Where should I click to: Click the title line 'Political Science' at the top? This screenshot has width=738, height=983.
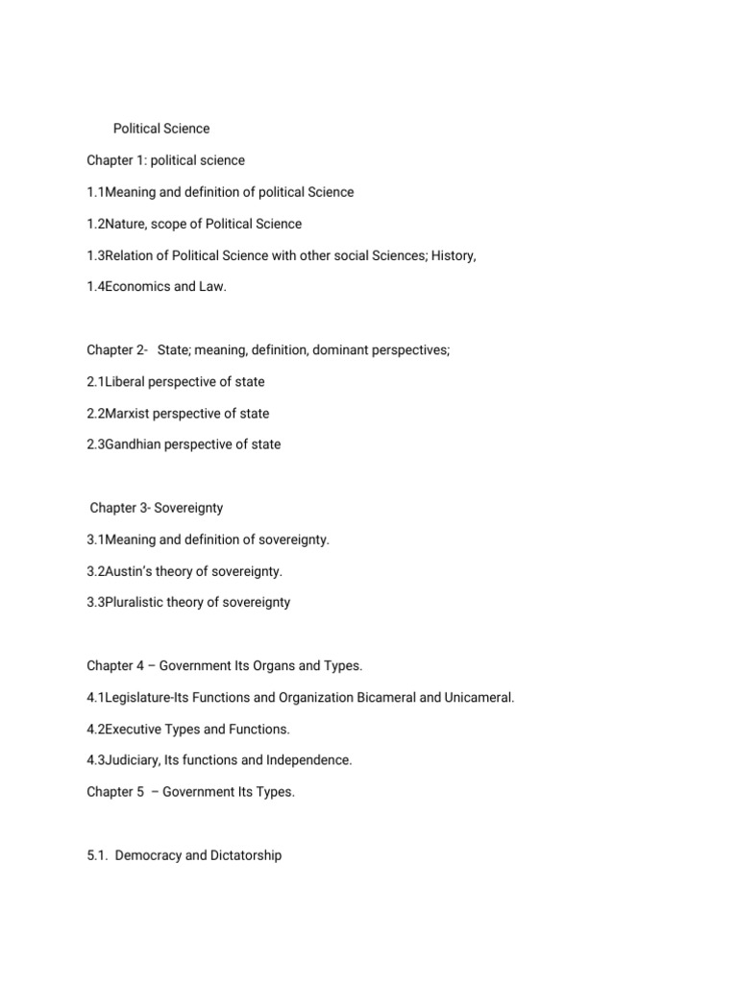(161, 129)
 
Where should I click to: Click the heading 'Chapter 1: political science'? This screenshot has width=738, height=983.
(165, 160)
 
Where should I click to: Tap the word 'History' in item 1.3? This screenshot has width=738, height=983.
(454, 255)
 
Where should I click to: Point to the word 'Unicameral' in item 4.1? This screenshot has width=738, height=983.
(479, 698)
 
